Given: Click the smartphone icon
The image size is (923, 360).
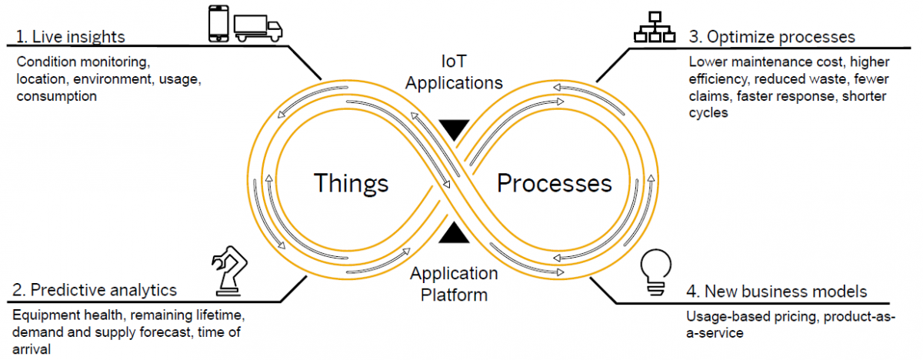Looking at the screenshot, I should tap(218, 24).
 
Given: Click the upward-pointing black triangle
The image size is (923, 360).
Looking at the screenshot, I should tap(455, 232).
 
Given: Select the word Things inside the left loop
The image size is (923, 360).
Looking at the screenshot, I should tap(351, 183).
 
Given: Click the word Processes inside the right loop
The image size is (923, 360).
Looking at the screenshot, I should tap(555, 183).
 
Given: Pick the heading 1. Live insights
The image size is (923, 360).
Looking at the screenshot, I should tap(69, 37).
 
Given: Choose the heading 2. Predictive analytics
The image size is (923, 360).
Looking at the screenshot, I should tap(95, 290).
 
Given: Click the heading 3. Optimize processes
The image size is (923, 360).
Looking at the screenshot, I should tap(771, 37).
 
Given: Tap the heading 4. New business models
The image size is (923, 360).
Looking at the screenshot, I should tap(776, 292).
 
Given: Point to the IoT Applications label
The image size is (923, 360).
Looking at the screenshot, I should tap(455, 72).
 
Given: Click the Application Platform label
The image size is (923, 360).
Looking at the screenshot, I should tap(454, 283).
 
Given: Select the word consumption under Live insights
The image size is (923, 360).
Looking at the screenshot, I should tap(56, 96).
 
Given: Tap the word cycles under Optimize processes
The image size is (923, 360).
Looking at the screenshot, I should tap(708, 112).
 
